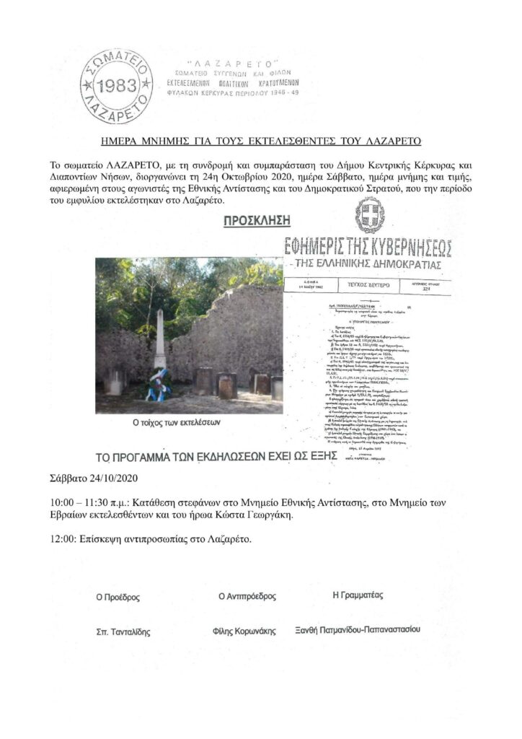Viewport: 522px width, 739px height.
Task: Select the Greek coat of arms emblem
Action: click(369, 214)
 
